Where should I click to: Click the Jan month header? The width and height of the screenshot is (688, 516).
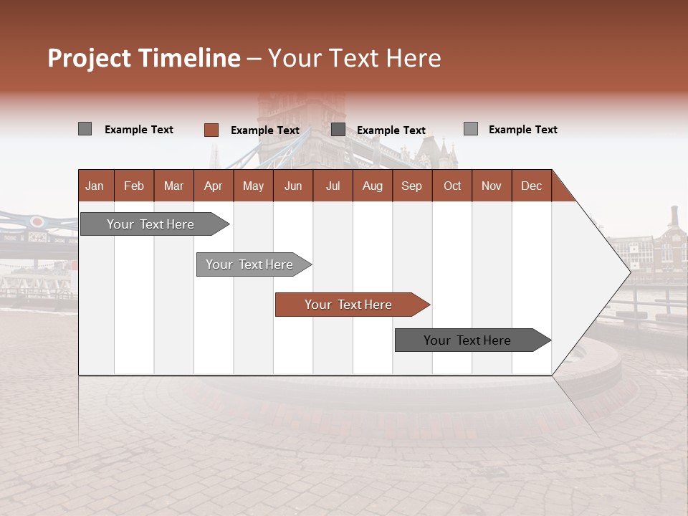coord(95,186)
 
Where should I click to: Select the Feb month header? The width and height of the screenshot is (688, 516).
coord(134,186)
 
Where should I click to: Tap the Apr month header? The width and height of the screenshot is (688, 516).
coord(213,186)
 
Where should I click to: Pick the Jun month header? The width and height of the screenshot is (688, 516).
coord(293,186)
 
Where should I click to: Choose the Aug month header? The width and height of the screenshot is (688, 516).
coord(372,186)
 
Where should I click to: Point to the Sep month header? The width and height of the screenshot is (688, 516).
coord(411,186)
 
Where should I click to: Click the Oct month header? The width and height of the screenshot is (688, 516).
coord(452,186)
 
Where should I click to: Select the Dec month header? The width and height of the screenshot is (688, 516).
coord(531,186)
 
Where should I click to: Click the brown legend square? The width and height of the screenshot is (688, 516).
coord(211,130)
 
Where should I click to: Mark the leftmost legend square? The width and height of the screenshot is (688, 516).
coord(85,129)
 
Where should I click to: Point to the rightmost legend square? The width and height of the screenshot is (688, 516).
coord(470,129)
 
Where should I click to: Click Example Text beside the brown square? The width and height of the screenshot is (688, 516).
coord(264,130)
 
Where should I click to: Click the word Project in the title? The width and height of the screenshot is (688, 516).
coord(89,58)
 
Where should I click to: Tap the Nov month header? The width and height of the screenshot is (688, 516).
coord(491,186)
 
